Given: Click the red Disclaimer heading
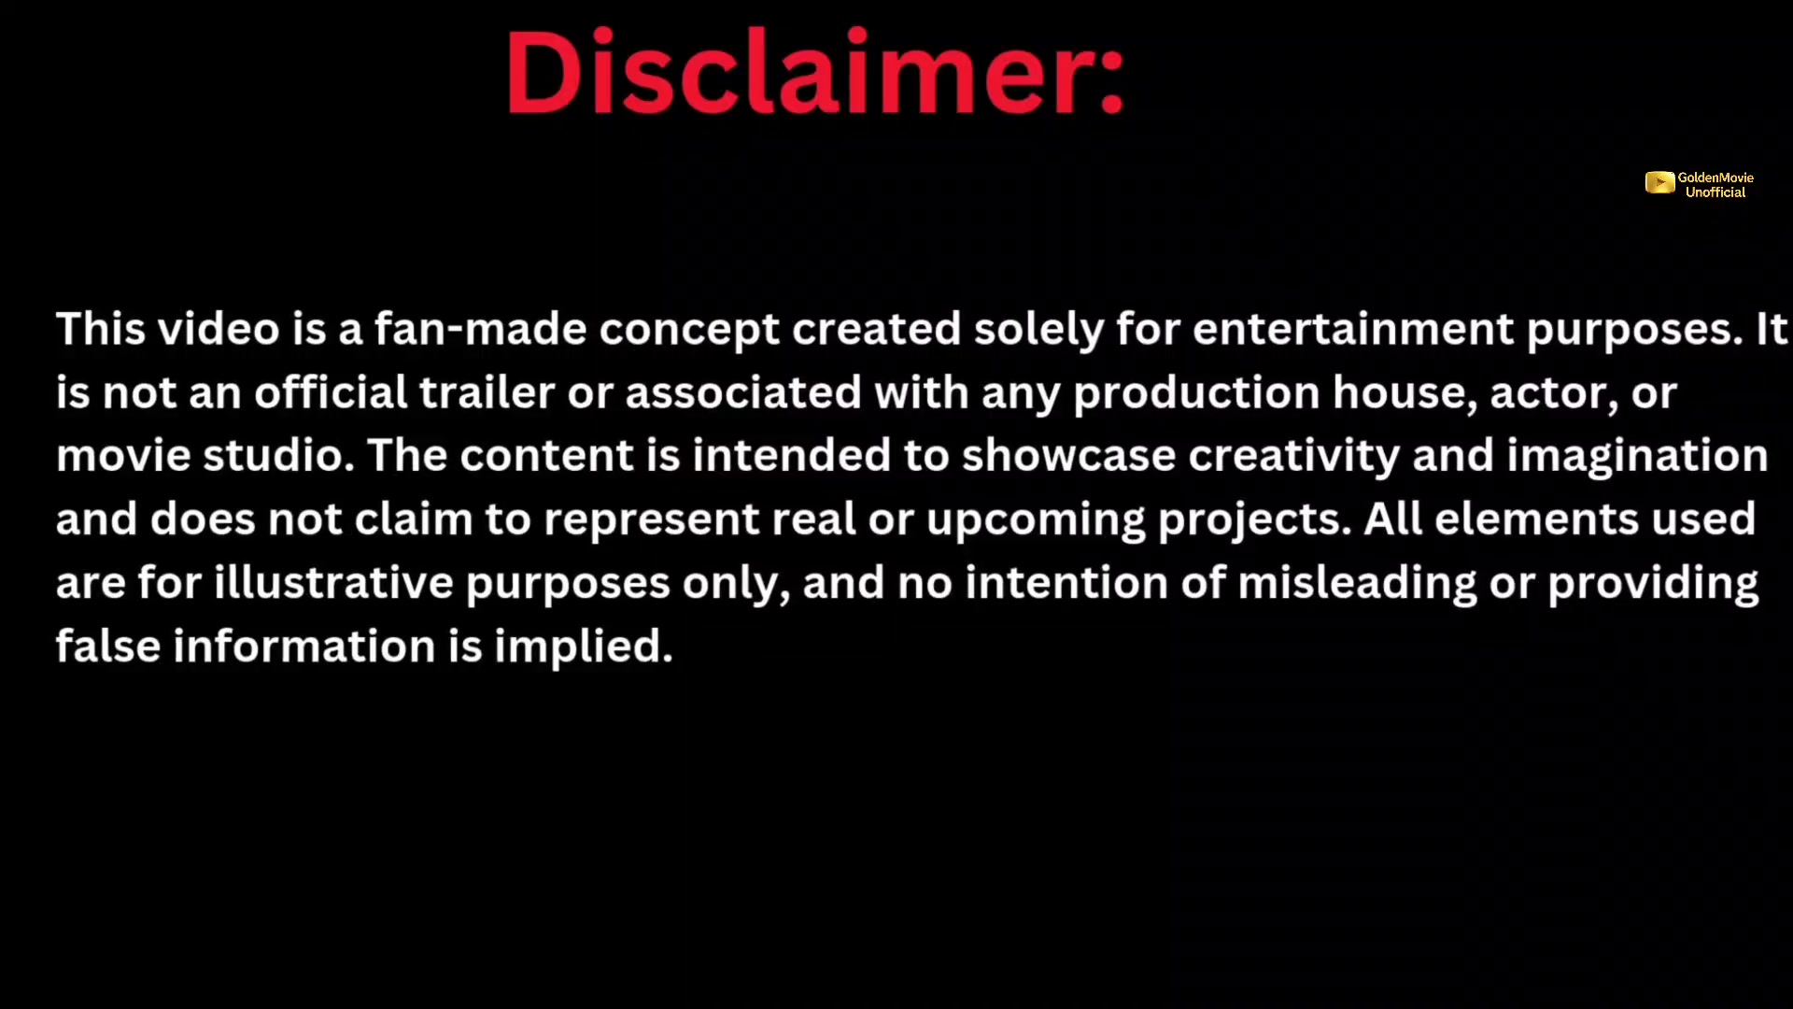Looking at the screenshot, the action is tap(815, 73).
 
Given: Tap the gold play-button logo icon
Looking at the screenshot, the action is tap(1659, 183).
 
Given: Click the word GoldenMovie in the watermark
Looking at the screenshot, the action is tap(1715, 178).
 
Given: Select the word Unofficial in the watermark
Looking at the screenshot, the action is tap(1715, 192).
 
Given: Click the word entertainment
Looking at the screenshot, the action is tap(1353, 329).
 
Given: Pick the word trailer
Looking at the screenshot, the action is tap(487, 392).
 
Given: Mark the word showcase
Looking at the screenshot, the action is tap(1068, 457).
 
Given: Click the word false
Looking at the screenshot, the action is tap(108, 647).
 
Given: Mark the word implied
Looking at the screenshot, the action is tap(583, 647).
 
